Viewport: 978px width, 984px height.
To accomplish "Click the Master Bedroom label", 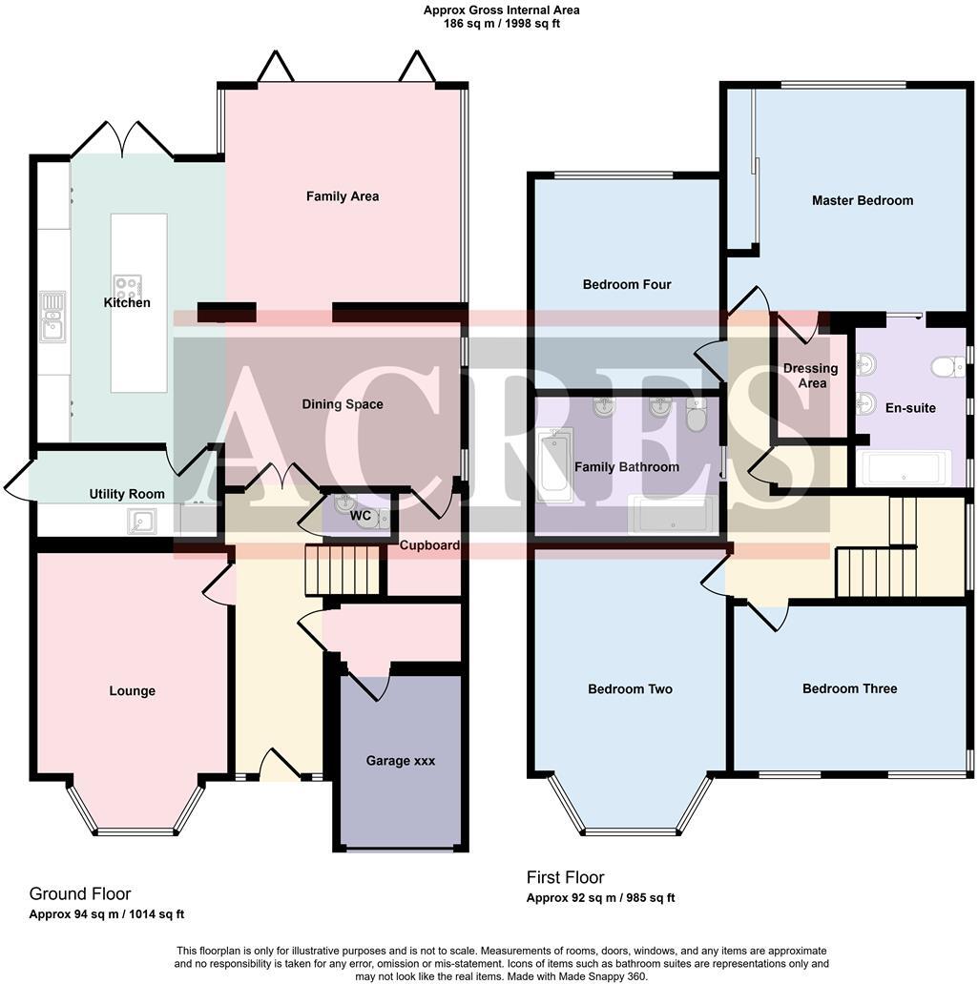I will (862, 200).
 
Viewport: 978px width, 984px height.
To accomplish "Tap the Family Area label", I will (342, 196).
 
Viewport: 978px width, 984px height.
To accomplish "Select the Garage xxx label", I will (401, 761).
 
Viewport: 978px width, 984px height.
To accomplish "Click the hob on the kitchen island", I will (128, 285).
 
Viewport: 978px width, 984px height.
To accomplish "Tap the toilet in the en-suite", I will (948, 366).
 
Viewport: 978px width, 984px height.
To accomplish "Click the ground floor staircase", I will (343, 569).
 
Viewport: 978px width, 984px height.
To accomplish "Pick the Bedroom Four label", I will (627, 284).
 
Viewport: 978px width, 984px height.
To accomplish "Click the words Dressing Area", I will (810, 376).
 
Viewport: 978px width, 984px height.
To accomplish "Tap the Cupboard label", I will (429, 545).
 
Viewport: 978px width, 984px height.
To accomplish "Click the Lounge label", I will (132, 691).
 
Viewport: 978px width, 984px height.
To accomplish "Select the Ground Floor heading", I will (80, 893).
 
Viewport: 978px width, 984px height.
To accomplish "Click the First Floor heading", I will (565, 877).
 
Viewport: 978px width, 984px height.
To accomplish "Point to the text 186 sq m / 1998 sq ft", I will (501, 24).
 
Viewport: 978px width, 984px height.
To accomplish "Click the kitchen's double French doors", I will (121, 140).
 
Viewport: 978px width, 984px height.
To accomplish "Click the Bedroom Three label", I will (849, 688).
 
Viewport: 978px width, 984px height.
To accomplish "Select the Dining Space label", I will (343, 404).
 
